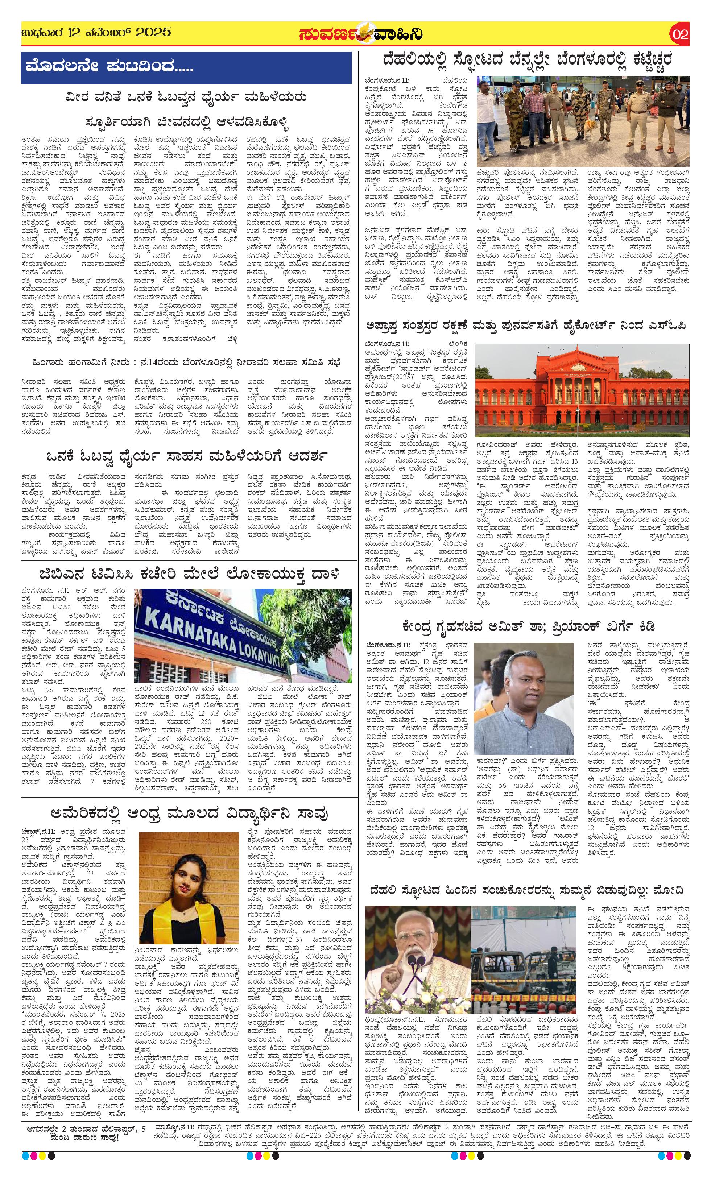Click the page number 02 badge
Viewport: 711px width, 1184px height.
(680, 34)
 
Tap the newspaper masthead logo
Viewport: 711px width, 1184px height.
(360, 34)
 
